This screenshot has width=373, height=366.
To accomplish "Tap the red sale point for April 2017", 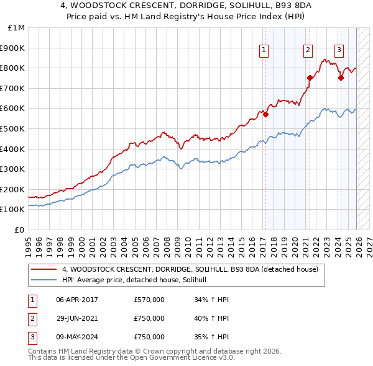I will coord(265,114).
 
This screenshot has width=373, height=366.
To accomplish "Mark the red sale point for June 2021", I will coord(310,78).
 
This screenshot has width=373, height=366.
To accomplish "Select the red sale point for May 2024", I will coord(341,78).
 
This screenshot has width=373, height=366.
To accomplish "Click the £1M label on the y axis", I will coord(16,27).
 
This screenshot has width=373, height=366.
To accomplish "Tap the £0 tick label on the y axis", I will coord(19,230).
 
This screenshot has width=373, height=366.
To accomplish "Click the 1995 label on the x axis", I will coord(29,242).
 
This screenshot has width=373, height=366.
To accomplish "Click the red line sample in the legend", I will coord(45,269).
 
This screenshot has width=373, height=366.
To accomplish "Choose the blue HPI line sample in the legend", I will coord(45,280).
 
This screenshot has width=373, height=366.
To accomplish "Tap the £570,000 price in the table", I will coord(149,300).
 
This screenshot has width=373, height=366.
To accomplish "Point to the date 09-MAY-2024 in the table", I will coord(76,337).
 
